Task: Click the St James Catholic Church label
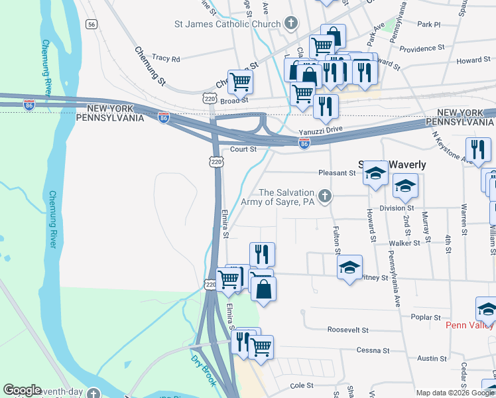point(227,25)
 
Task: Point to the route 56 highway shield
point(92,24)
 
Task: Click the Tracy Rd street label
point(166,58)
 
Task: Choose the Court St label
point(243,149)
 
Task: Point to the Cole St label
point(300,385)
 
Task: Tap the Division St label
point(397,207)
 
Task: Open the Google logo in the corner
point(22,390)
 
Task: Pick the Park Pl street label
point(429,24)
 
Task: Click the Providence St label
point(422,48)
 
